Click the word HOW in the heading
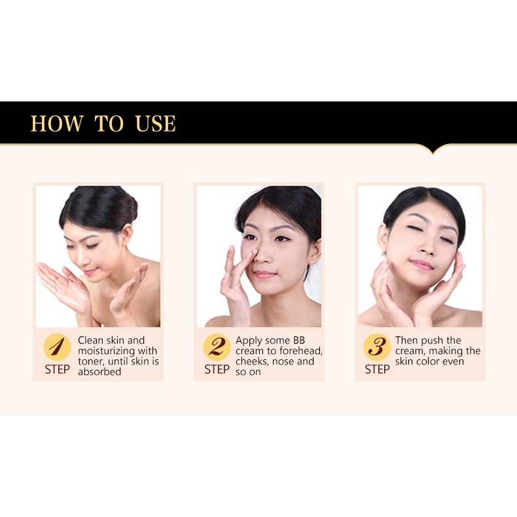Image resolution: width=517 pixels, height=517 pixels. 57,123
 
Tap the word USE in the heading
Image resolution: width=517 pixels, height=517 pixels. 156,123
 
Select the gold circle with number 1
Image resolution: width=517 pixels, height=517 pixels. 57,348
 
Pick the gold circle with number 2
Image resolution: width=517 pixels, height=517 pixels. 217,348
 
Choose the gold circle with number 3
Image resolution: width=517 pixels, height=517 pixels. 377,348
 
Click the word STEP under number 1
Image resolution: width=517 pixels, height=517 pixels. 58,370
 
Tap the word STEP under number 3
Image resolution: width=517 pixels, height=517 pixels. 377,370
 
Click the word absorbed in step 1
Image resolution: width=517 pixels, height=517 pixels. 99,372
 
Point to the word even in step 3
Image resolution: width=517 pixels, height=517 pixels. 453,362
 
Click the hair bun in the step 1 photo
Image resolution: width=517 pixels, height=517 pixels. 127,209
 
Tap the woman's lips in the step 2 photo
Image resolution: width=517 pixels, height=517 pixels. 264,274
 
